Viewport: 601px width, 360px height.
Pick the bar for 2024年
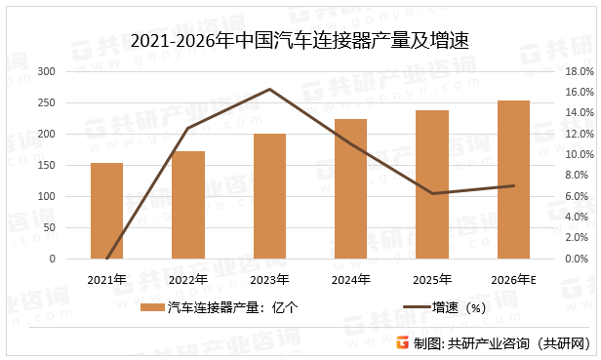pyautogui.click(x=350, y=189)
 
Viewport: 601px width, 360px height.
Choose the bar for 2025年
pyautogui.click(x=432, y=184)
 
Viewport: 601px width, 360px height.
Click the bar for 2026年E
pyautogui.click(x=513, y=180)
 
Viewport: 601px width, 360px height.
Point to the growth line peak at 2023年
pyautogui.click(x=269, y=89)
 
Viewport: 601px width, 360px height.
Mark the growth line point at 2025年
pyautogui.click(x=432, y=193)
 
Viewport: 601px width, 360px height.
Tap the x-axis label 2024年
pyautogui.click(x=350, y=280)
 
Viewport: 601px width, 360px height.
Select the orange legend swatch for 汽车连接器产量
pyautogui.click(x=151, y=307)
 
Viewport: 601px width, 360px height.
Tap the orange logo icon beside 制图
pyautogui.click(x=402, y=342)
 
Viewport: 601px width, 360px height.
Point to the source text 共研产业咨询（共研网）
pyautogui.click(x=520, y=342)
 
